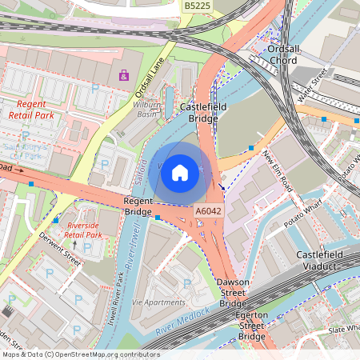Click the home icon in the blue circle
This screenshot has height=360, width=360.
[180, 172]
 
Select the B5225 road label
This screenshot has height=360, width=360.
[197, 6]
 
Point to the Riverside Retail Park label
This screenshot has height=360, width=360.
[84, 230]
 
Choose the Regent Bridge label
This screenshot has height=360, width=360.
[138, 206]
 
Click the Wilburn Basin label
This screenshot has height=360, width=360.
[147, 109]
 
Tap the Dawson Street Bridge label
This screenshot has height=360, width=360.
[233, 293]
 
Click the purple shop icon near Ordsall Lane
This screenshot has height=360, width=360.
[123, 76]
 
